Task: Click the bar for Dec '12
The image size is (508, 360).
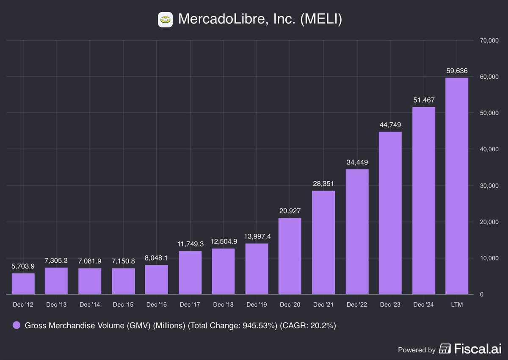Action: (x=23, y=283)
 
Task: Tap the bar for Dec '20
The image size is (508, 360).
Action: (x=290, y=256)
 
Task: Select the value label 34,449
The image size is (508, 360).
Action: (x=357, y=162)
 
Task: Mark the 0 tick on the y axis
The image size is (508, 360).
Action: (x=481, y=294)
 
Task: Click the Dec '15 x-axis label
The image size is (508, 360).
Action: (x=123, y=305)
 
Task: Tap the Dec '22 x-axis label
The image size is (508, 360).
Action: (x=357, y=305)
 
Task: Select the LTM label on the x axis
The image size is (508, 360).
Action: (x=457, y=305)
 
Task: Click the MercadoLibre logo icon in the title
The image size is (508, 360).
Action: (x=165, y=19)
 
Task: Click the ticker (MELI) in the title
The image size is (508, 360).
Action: (x=320, y=19)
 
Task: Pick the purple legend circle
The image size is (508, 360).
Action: (x=17, y=325)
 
